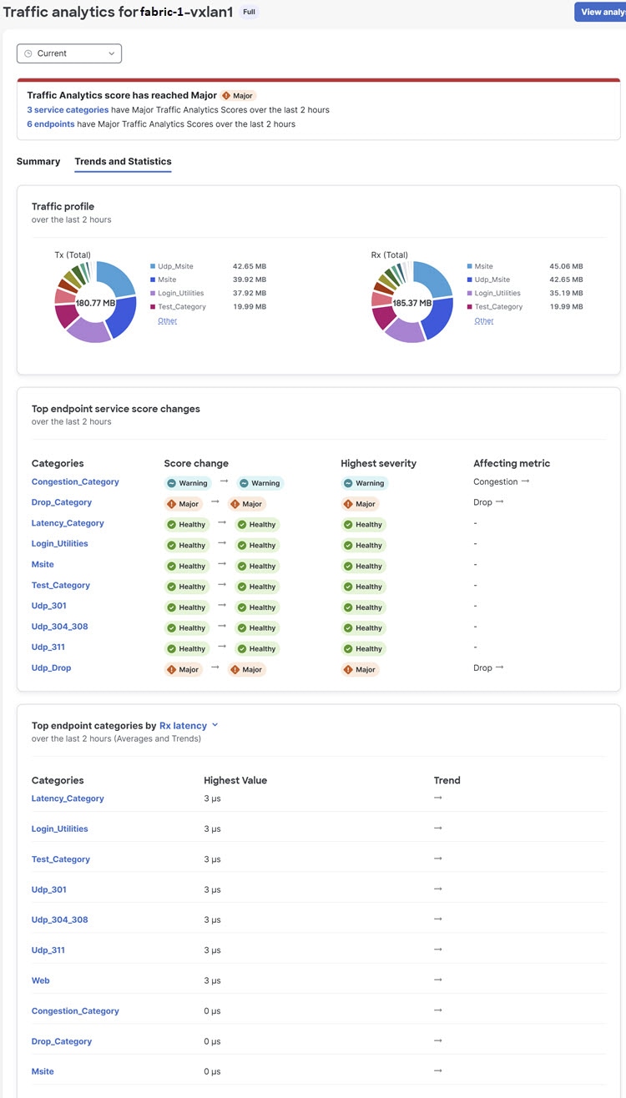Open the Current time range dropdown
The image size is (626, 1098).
[69, 53]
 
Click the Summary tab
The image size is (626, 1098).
[38, 161]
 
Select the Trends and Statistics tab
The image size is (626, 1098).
[123, 161]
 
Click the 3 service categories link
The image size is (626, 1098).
[68, 110]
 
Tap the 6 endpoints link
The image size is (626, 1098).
[51, 124]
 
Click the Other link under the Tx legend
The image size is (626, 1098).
[167, 320]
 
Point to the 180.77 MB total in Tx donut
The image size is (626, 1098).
[95, 303]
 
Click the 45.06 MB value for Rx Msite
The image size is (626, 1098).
[566, 266]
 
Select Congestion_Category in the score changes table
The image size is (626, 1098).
[75, 481]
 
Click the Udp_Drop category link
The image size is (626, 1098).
[51, 667]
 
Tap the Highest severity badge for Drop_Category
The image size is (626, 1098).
[361, 504]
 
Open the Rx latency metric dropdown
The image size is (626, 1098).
[189, 726]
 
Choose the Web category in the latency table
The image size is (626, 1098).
[41, 980]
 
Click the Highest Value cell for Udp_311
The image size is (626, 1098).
[213, 950]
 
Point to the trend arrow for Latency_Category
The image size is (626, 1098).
[438, 798]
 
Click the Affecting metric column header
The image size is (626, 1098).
[512, 463]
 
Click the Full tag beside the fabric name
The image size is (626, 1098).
[250, 13]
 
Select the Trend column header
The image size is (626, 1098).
[447, 780]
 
